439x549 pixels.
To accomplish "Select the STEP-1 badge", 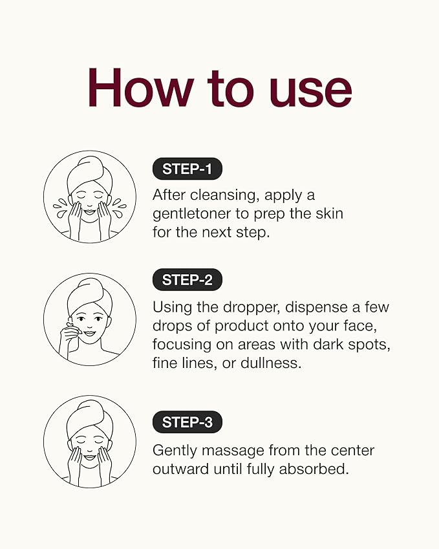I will pos(187,169).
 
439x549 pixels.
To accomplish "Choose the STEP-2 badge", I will pos(187,280).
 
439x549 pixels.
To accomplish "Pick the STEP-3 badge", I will pos(187,422).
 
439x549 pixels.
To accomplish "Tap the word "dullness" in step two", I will pos(270,363).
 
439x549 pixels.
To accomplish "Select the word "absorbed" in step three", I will pos(314,469).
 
